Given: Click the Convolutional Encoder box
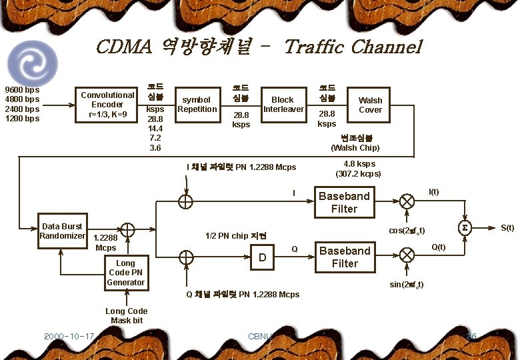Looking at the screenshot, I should tap(107, 105).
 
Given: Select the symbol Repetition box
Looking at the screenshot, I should tap(197, 105).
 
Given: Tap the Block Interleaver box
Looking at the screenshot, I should tap(283, 105).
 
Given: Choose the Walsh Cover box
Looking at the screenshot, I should tap(370, 105).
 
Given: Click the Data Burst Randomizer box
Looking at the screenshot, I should tap(62, 231).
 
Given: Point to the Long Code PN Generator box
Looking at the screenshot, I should tap(126, 273).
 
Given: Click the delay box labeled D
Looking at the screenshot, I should tap(263, 256).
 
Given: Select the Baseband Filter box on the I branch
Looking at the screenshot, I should tap(344, 202).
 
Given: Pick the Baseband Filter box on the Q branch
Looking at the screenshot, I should tap(344, 257).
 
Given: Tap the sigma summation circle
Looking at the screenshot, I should tap(464, 228).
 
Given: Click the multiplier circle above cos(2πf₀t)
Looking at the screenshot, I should tap(407, 201).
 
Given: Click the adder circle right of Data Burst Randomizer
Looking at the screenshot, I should tap(127, 230).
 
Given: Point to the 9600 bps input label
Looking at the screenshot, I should tap(22, 90).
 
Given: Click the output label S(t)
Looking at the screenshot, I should tap(507, 228).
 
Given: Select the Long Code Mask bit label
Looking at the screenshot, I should tap(127, 316).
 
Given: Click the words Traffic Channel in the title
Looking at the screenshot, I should tap(353, 47).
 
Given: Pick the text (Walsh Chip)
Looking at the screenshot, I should tap(355, 147).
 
